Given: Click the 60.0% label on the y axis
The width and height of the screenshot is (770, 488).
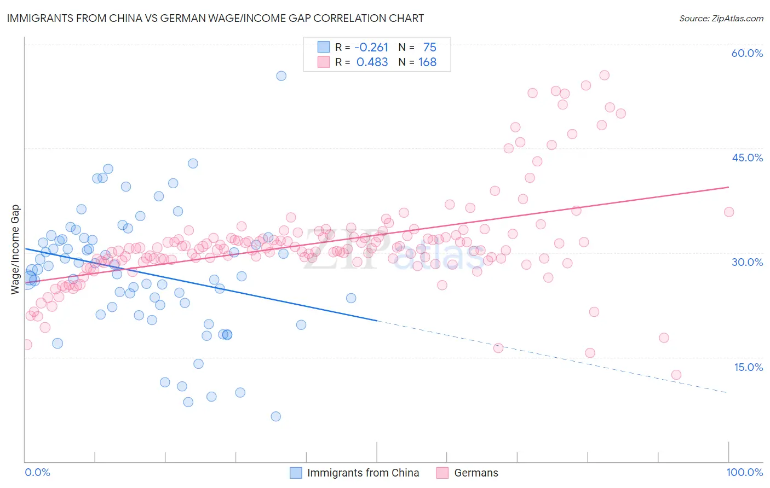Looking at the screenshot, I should coord(747,53).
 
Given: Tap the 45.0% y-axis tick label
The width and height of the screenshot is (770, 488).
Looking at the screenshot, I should coord(747,158).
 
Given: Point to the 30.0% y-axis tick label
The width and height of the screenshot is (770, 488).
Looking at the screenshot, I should coord(747,262).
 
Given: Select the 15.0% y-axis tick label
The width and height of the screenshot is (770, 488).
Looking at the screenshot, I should coord(748,367).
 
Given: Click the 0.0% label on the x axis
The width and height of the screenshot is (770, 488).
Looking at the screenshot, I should coord(37,472).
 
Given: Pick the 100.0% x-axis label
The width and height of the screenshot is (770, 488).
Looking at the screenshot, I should coord(744,472).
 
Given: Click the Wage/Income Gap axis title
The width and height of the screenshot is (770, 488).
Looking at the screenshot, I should coord(15,249).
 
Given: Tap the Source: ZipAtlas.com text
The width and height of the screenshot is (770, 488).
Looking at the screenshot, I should coord(721,18).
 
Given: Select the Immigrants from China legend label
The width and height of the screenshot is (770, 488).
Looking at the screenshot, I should coord(363,473).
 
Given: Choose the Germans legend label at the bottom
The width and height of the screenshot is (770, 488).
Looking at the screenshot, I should coord(476,473).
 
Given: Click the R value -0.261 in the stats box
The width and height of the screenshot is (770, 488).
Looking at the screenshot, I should coord(371,47).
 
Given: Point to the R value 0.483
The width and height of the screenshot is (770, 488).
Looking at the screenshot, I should coord(372,62).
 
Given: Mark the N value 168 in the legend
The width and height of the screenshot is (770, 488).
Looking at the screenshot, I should coord(427,62).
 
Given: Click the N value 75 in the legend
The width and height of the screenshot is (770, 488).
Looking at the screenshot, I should coord(429,47).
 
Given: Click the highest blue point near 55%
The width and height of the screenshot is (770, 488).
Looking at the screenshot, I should coord(281,75).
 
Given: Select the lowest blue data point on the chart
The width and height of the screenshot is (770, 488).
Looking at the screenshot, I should coord(275,416).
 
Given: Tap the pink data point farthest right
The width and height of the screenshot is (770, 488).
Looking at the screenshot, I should coord(728,212).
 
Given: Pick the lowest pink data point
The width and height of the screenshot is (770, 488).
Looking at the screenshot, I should coord(676,375).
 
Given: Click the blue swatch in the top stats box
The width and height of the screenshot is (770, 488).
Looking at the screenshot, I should coord(324,47).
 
